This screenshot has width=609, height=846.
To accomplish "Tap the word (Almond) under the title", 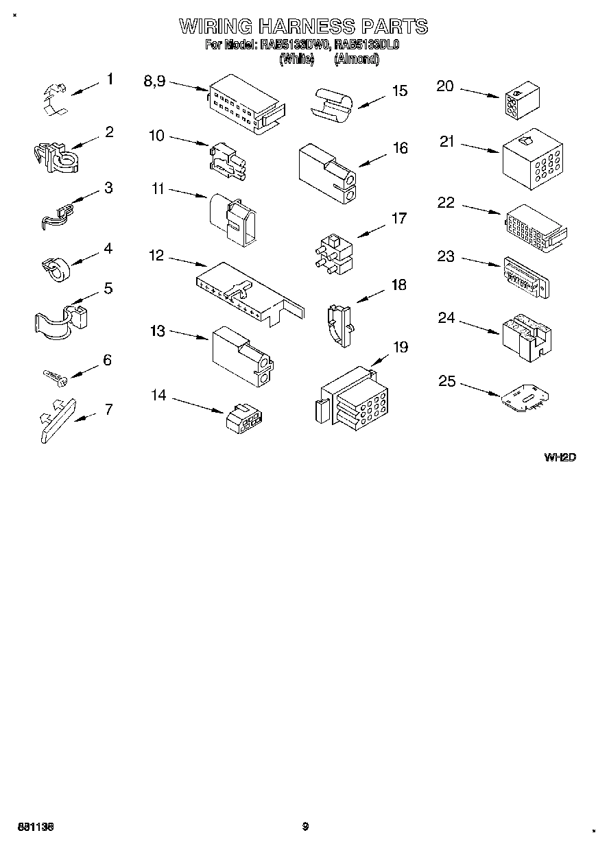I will pos(356,59).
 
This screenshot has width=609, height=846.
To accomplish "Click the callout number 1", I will pos(109,80).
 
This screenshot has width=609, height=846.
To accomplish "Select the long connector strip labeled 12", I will pos(247,291).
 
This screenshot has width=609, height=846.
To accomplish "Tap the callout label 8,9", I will pos(154,81).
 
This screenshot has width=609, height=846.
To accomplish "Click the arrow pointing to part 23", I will pos(480,262).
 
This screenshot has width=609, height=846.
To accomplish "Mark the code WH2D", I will pos(559,457).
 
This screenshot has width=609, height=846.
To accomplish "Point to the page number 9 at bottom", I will pos(305,827).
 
